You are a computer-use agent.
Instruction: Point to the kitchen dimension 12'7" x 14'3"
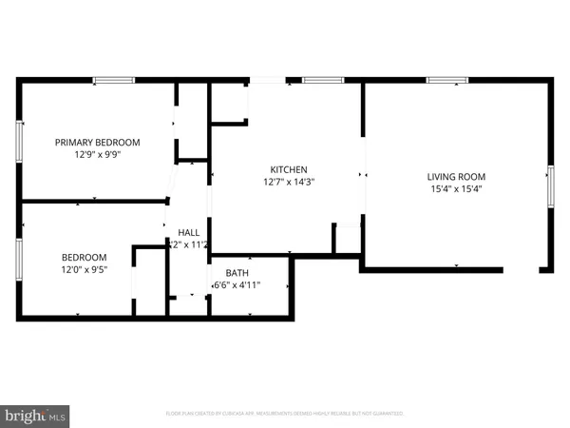[x=287, y=182]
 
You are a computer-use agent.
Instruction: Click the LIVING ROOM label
[x=455, y=176]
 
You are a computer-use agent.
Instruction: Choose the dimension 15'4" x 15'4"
[x=455, y=188]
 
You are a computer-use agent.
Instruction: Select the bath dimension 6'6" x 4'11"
[x=237, y=284]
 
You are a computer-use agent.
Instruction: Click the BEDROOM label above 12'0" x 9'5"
[x=85, y=257]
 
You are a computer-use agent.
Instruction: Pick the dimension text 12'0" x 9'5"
[x=85, y=269]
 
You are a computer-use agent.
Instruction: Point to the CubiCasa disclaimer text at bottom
[x=285, y=414]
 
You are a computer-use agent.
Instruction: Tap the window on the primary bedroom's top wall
[x=112, y=81]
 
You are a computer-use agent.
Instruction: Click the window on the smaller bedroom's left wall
[x=19, y=257]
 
